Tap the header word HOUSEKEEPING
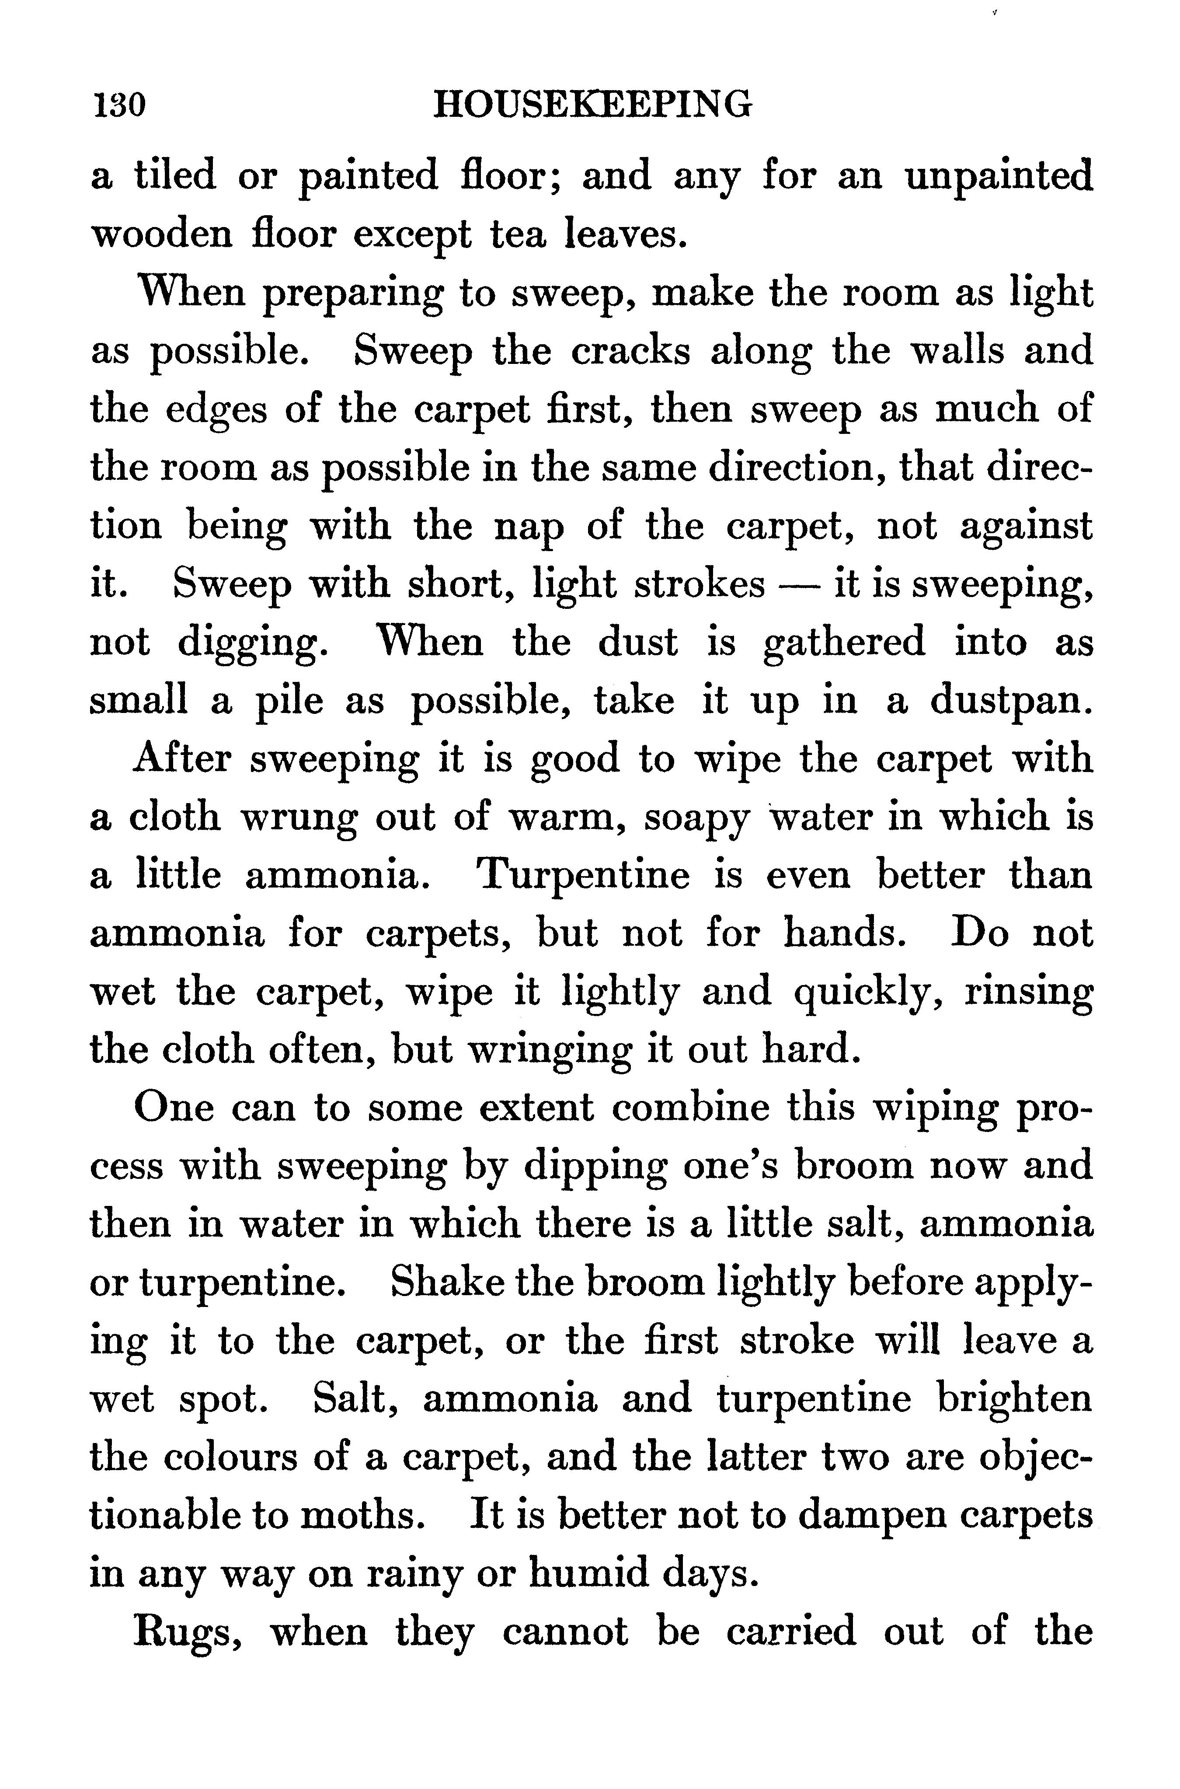tap(592, 104)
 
